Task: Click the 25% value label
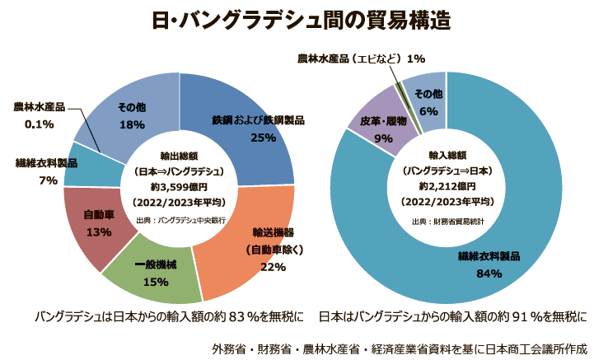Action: (x=263, y=138)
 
